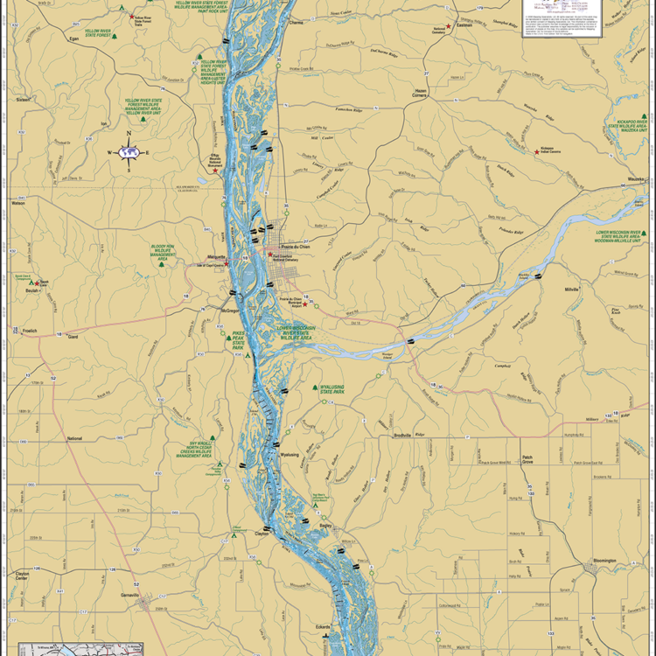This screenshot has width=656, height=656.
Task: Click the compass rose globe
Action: [x=129, y=152]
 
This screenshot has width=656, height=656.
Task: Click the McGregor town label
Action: [x=230, y=310]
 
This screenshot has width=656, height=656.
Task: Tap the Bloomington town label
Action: [x=604, y=561]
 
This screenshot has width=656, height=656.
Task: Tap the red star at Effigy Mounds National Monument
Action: [x=215, y=170]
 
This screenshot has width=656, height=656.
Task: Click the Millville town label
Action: [x=572, y=289]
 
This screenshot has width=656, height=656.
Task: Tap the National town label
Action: [x=74, y=438]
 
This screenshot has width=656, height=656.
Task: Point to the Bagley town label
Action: [x=327, y=527]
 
